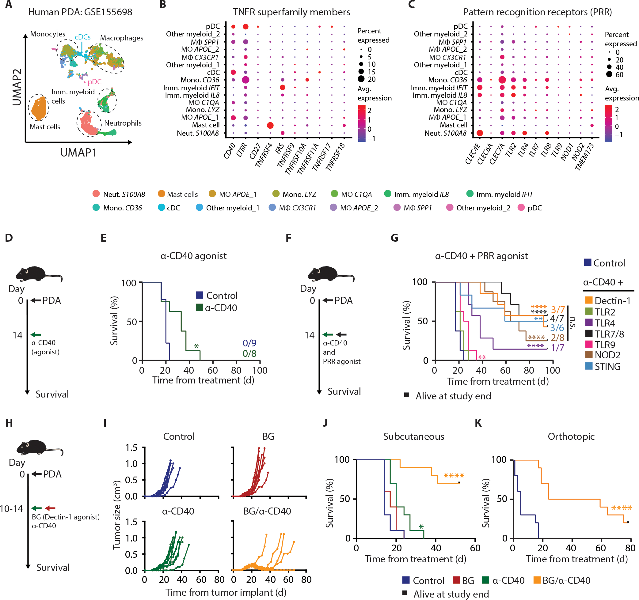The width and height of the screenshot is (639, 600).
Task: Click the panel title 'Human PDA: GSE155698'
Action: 80,12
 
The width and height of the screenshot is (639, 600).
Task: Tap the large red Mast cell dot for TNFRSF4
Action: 270,125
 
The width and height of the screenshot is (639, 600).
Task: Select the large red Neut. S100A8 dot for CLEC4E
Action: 480,133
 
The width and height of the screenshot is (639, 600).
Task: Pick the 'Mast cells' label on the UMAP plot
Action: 45,127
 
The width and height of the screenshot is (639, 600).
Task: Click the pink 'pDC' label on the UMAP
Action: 94,82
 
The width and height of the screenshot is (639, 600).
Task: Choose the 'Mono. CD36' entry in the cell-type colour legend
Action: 122,208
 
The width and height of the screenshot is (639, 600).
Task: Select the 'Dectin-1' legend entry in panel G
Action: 612,301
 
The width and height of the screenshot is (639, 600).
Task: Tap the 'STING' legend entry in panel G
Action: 607,367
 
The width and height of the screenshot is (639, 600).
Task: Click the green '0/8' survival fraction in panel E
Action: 249,354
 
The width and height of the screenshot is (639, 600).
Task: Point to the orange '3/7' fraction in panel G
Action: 558,310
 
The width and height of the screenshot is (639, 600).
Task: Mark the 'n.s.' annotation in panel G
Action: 573,323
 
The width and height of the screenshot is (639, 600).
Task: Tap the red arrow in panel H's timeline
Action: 50,508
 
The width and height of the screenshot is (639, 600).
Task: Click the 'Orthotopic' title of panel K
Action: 571,436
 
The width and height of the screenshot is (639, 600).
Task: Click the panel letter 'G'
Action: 394,238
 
